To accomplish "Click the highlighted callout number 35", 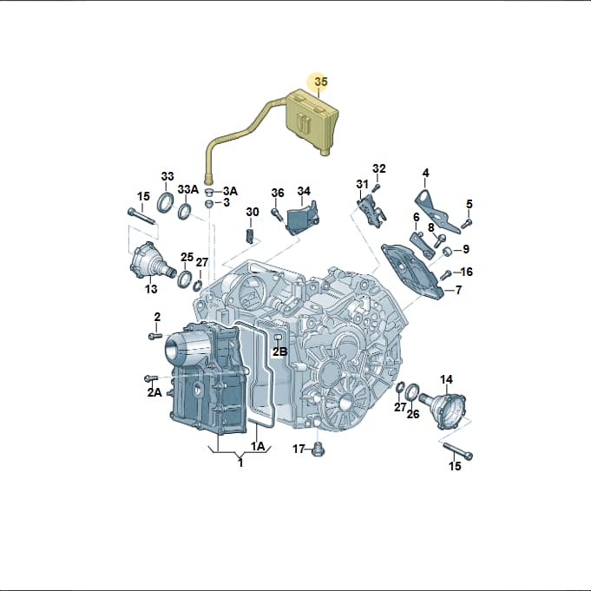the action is (x=321, y=82).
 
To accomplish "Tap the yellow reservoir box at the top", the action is (x=312, y=120).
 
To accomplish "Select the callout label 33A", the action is (x=188, y=189).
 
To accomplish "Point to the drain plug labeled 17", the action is (x=318, y=450).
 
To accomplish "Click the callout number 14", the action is (x=446, y=379).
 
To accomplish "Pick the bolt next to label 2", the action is (x=155, y=336).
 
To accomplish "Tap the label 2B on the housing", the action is (x=280, y=351).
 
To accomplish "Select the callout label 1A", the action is (x=258, y=446).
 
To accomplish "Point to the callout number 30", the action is (x=253, y=212).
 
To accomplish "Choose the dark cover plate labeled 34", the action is (x=303, y=219).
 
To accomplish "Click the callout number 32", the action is (x=379, y=168).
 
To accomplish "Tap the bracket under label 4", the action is (x=437, y=211).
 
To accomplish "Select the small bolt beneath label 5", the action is (x=466, y=223).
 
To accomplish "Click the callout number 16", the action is (x=467, y=272).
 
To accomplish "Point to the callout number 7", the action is (x=458, y=290).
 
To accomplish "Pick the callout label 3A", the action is (x=230, y=192).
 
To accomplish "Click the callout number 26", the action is (x=413, y=414).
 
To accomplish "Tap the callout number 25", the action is (x=187, y=257).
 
